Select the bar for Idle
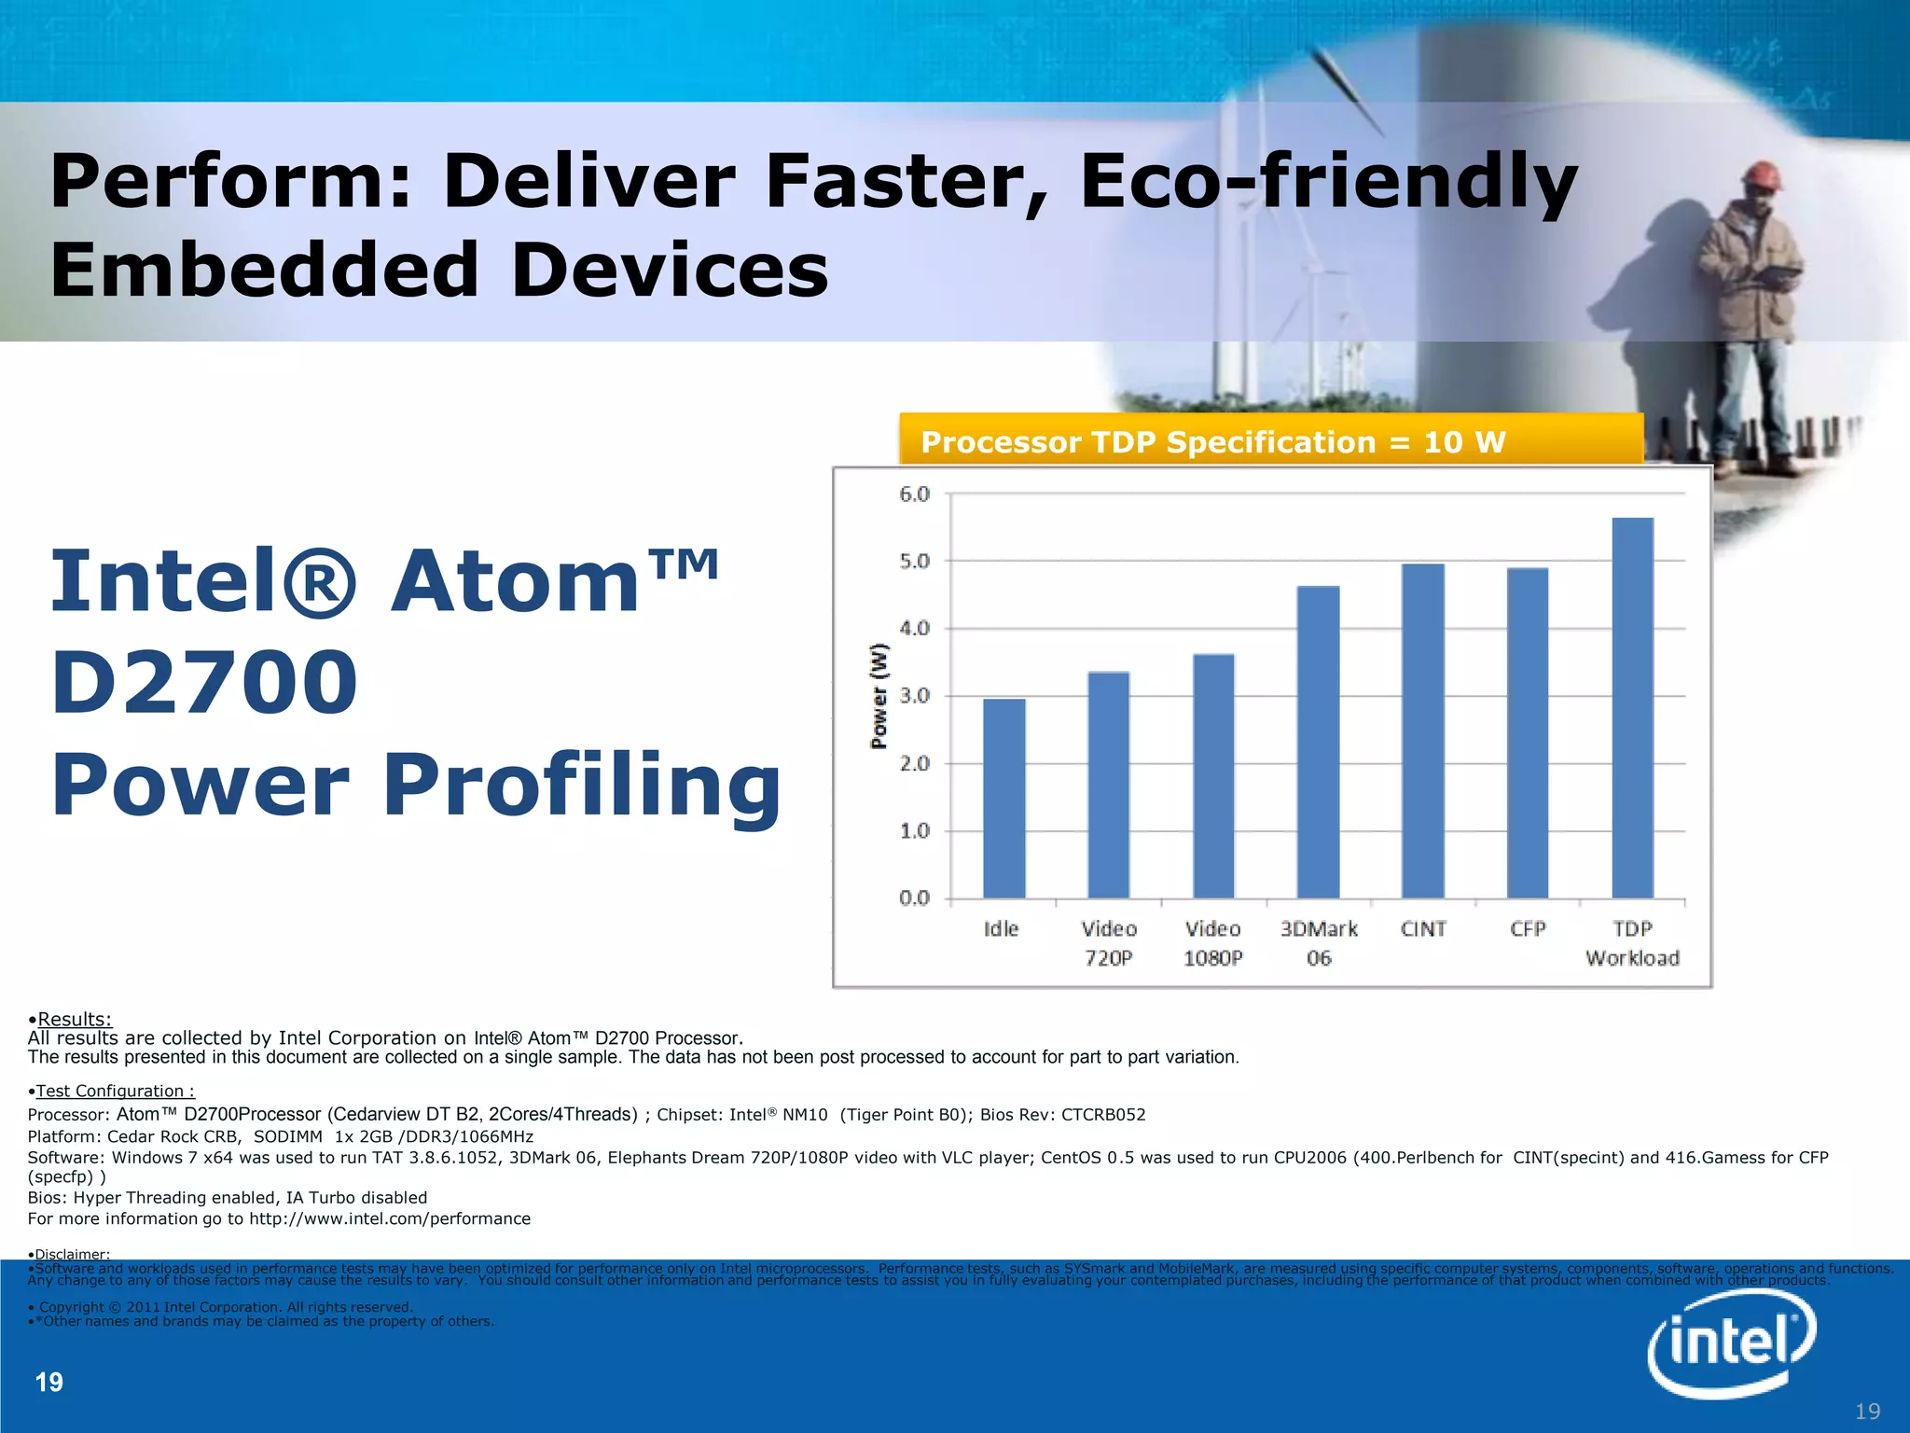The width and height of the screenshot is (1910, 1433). (x=1003, y=799)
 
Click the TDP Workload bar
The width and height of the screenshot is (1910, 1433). (x=1632, y=709)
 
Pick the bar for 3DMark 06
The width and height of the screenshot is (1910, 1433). (x=1318, y=743)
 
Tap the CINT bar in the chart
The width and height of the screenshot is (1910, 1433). (x=1422, y=731)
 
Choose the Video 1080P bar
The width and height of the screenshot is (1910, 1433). (x=1213, y=776)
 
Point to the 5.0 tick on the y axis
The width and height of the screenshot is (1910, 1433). (x=915, y=562)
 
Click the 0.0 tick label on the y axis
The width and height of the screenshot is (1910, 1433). (x=915, y=898)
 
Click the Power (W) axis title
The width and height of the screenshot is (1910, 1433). (x=879, y=696)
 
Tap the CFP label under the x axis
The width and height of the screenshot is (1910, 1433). (x=1528, y=929)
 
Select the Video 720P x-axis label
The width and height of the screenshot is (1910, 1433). (x=1108, y=943)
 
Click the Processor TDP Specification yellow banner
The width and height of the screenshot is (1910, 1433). (x=1269, y=441)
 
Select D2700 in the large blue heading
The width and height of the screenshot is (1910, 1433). (x=204, y=683)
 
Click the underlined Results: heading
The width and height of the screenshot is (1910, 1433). (x=74, y=1019)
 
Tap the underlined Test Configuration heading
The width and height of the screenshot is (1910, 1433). (x=114, y=1091)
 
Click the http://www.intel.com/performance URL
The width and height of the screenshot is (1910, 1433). (x=389, y=1218)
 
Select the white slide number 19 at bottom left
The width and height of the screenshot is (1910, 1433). (x=48, y=1382)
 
